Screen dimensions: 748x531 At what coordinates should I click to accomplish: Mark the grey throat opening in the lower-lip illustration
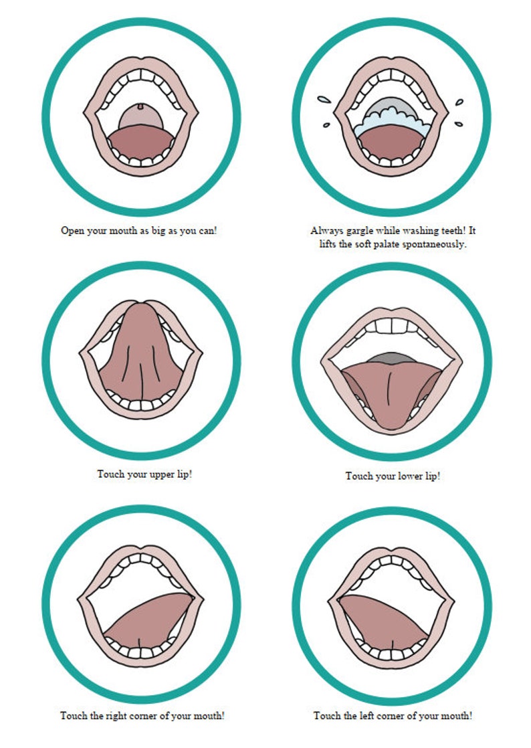click(x=390, y=359)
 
